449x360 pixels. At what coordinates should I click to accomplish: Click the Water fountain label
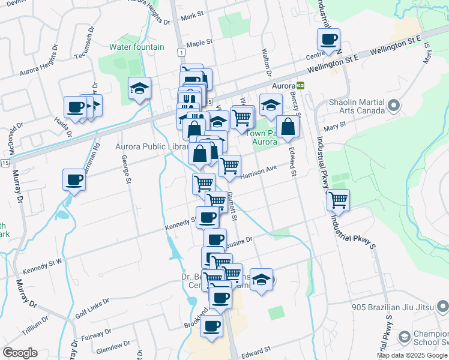[136, 47]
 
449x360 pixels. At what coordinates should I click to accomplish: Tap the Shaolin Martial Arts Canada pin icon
[394, 106]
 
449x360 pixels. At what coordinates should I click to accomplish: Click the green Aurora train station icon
[300, 85]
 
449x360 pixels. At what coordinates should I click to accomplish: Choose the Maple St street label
[199, 43]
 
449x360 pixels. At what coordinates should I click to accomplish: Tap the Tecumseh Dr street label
[85, 42]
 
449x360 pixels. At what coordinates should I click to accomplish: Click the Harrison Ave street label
[259, 172]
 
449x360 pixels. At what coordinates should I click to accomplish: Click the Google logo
[20, 353]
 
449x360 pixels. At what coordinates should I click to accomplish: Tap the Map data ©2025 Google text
[412, 355]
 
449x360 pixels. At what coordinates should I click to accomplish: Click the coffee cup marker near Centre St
[328, 40]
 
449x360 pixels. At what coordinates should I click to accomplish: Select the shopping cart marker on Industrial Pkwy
[339, 200]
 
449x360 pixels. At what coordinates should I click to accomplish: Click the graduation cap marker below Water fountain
[139, 89]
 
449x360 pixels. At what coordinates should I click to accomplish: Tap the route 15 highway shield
[5, 163]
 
